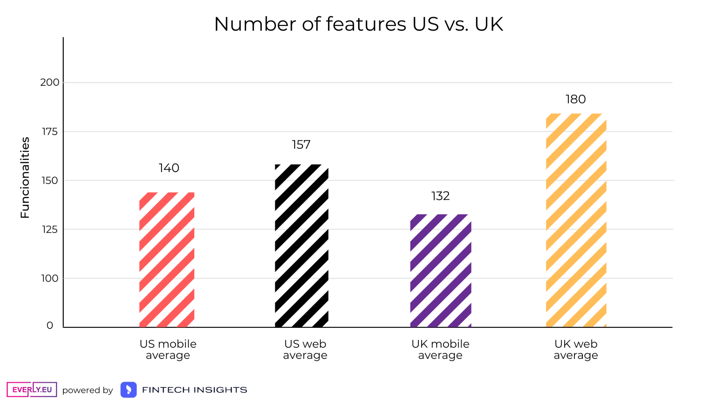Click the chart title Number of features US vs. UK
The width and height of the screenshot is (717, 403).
click(358, 24)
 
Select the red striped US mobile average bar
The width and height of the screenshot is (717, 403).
click(167, 260)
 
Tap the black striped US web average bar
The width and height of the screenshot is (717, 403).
click(301, 246)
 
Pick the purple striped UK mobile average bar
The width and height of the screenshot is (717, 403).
click(440, 270)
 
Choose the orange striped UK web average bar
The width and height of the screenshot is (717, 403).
click(576, 220)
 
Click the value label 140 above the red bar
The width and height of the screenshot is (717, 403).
click(169, 168)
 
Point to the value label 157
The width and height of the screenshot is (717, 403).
click(301, 144)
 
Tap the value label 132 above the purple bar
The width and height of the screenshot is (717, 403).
click(440, 196)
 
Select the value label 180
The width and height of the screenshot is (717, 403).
click(576, 99)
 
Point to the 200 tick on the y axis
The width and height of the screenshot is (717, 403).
click(50, 83)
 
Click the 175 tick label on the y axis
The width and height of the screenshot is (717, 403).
click(50, 132)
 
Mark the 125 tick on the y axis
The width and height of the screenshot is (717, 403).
click(50, 229)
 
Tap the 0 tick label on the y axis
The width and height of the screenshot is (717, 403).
click(50, 325)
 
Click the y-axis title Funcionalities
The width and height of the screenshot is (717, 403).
click(25, 178)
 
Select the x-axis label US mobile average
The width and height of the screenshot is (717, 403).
click(168, 349)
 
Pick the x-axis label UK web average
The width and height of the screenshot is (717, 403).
click(576, 349)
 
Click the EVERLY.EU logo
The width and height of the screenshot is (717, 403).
click(32, 389)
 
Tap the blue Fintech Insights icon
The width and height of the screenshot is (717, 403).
click(128, 390)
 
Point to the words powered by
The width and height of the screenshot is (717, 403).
click(88, 390)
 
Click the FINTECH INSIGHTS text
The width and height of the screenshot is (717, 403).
click(195, 390)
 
